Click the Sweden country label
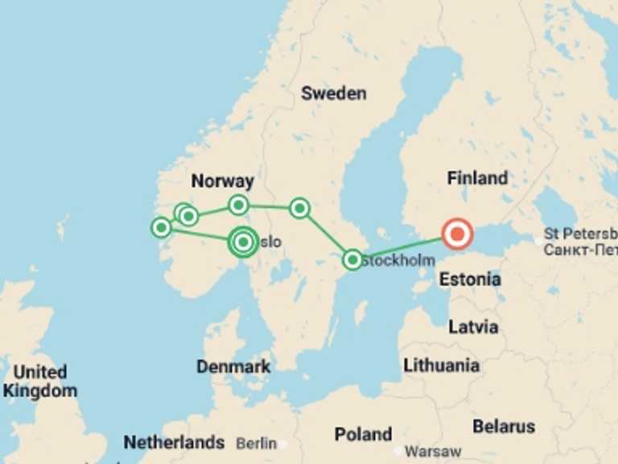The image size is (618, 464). pyautogui.click(x=333, y=93)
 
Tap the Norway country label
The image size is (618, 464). pyautogui.click(x=222, y=181)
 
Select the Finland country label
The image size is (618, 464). pyautogui.click(x=477, y=178)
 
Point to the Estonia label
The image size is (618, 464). pyautogui.click(x=470, y=280)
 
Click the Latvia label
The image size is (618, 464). pyautogui.click(x=473, y=327)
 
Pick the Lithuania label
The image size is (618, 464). pyautogui.click(x=441, y=365)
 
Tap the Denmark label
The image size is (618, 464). pyautogui.click(x=233, y=367)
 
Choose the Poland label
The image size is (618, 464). pyautogui.click(x=363, y=434)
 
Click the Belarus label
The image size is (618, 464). pyautogui.click(x=504, y=426)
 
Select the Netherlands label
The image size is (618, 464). pyautogui.click(x=174, y=442)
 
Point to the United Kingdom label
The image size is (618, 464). pyautogui.click(x=40, y=382)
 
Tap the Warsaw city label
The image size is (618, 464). pyautogui.click(x=433, y=451)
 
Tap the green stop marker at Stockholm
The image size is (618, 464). pyautogui.click(x=352, y=259)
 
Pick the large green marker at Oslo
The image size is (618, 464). pyautogui.click(x=243, y=241)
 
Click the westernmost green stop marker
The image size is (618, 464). pyautogui.click(x=161, y=228)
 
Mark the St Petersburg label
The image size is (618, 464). pyautogui.click(x=579, y=242)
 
